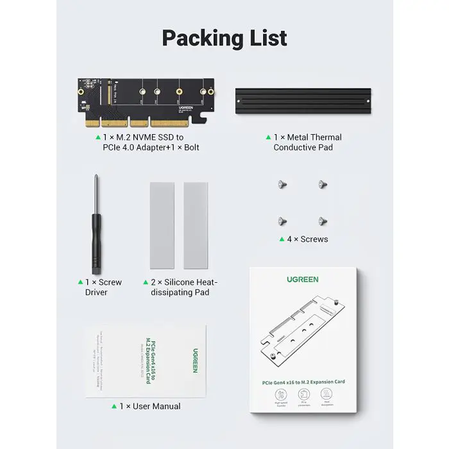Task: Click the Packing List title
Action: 224,38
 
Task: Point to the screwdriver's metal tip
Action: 96,183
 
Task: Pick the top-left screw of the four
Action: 281,185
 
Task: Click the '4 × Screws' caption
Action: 307,239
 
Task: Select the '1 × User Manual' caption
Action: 149,406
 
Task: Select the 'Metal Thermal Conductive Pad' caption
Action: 307,142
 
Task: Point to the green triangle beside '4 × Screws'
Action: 281,239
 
